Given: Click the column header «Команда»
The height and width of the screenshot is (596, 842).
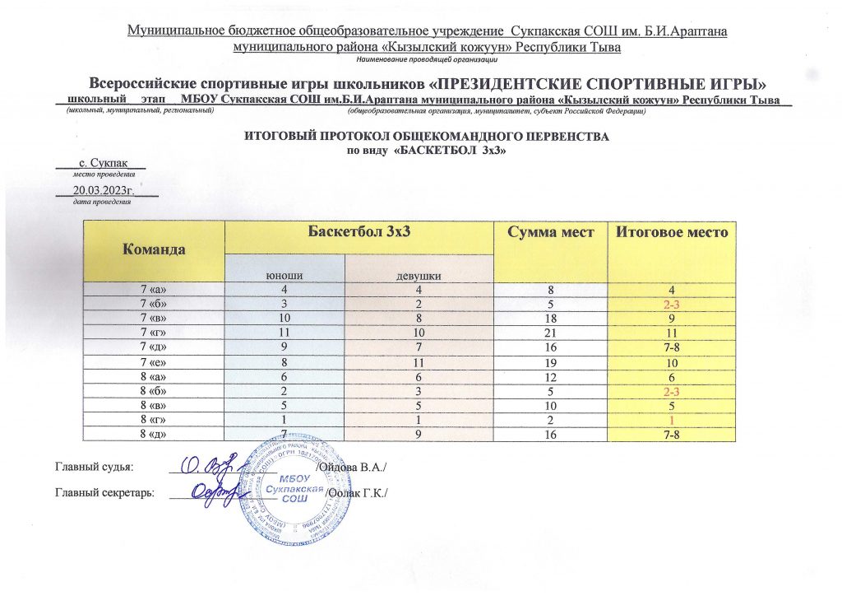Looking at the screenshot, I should tap(154, 248).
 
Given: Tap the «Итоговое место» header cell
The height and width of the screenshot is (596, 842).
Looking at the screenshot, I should tap(673, 233).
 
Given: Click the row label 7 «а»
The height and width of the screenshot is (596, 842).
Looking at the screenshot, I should tap(154, 289).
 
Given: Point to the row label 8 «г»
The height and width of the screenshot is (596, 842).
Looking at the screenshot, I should tap(154, 419).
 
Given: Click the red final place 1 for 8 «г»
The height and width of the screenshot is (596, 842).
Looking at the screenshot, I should tap(673, 420).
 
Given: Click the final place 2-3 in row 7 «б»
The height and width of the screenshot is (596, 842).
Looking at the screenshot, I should tap(673, 304).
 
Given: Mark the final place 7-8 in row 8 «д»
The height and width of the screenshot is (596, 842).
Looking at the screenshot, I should tap(673, 434).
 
